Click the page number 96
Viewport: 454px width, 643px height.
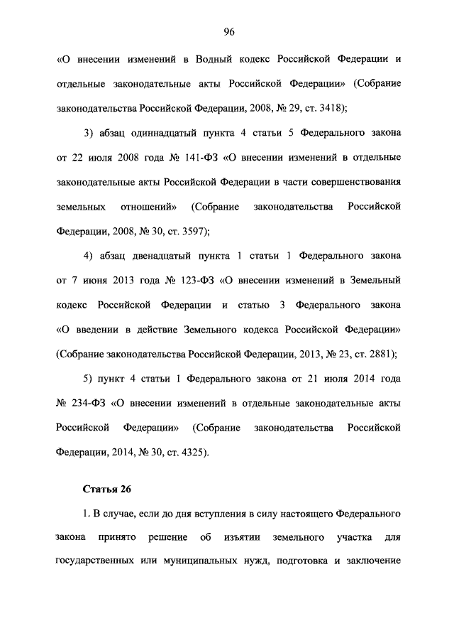228,31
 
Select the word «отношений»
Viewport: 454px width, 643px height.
148,206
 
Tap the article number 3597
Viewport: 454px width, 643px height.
189,231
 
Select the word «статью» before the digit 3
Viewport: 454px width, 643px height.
250,304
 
